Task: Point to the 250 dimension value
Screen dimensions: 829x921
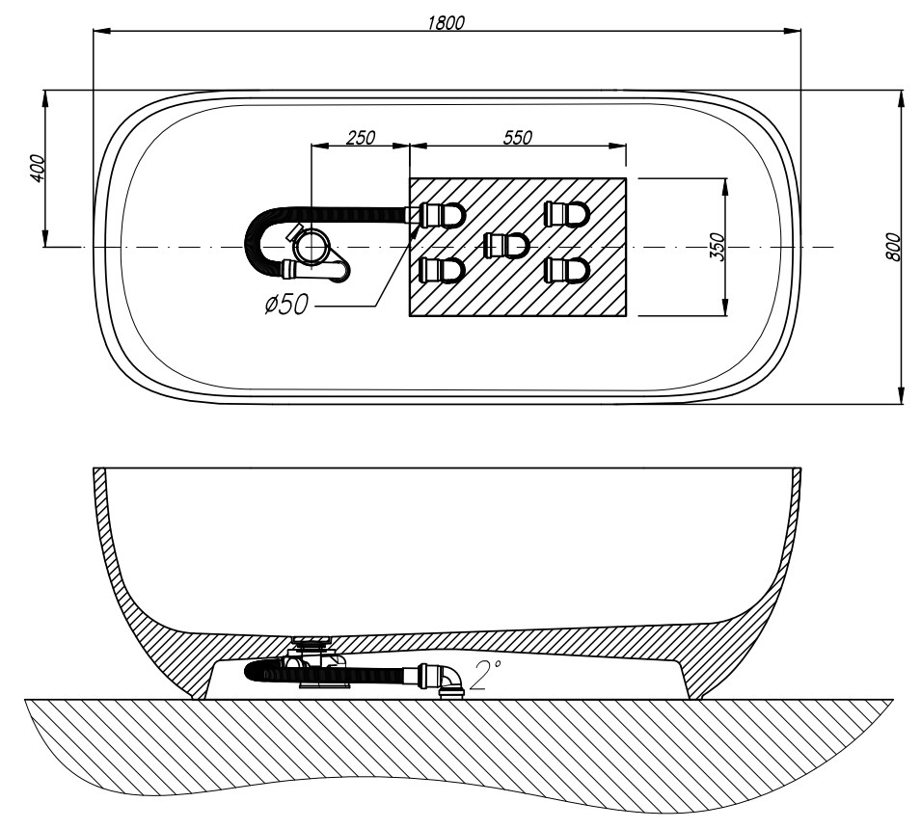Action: [360, 137]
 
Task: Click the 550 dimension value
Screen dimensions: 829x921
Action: [518, 137]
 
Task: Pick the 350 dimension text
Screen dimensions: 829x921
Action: [717, 247]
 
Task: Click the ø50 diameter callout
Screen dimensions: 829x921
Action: [286, 306]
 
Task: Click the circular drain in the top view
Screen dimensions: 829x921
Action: [312, 246]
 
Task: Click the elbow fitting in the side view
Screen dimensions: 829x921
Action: [449, 679]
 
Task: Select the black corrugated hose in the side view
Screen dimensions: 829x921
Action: [376, 671]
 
